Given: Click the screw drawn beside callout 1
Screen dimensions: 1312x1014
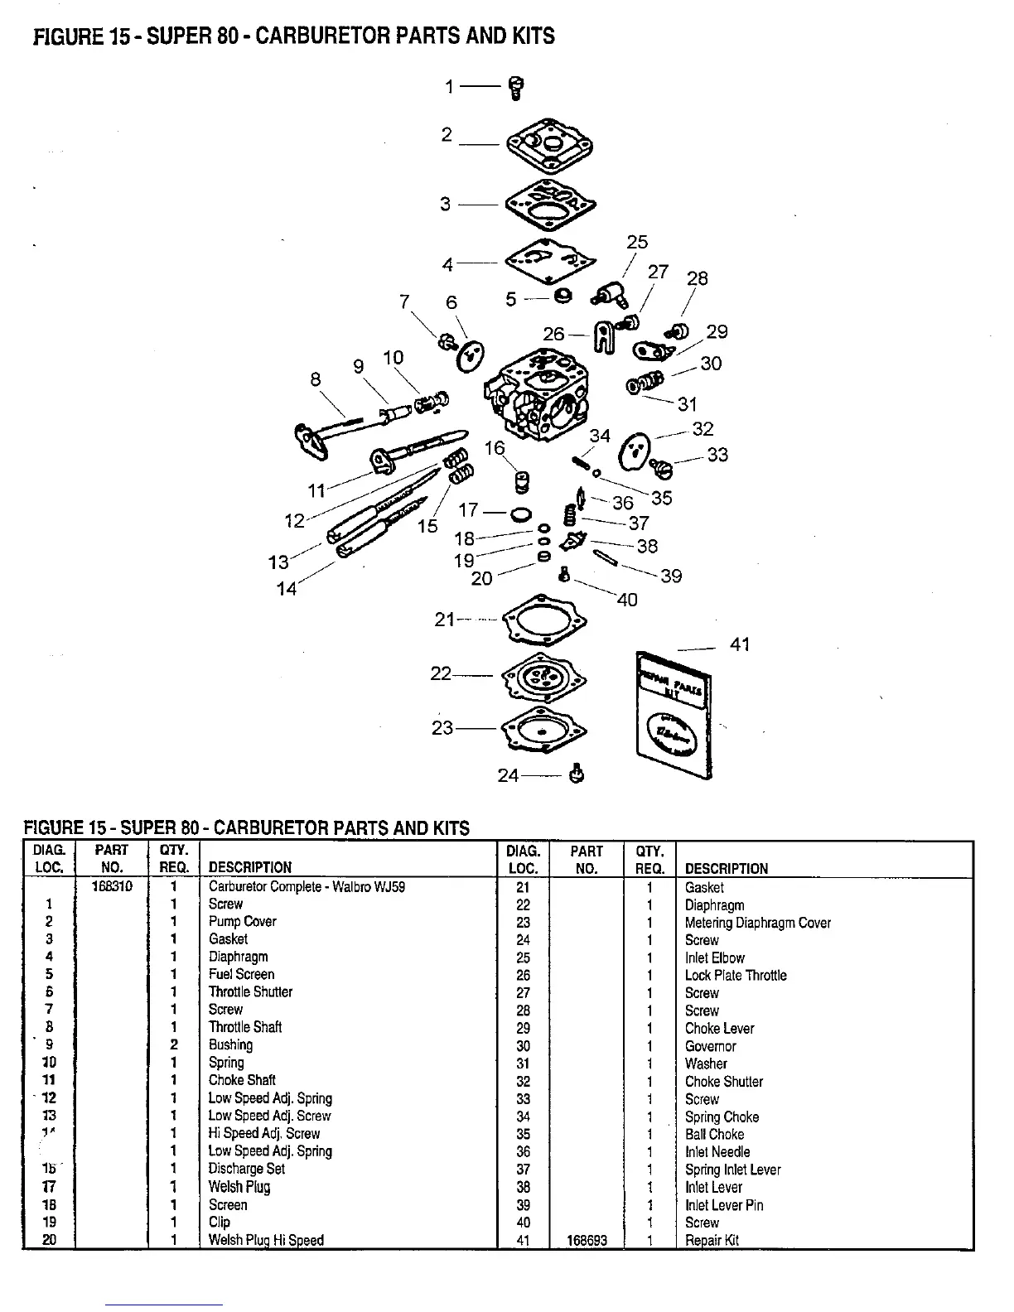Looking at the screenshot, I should click(515, 87).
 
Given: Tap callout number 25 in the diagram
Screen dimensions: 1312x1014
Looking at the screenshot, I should click(637, 242).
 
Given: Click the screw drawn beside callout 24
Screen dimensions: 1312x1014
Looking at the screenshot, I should click(577, 774).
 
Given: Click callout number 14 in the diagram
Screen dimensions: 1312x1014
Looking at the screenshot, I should click(286, 589).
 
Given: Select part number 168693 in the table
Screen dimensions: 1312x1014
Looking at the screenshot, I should click(587, 1240).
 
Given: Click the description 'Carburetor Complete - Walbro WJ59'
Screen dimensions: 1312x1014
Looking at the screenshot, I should click(307, 886).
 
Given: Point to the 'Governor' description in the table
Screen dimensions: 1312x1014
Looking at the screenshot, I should click(710, 1046).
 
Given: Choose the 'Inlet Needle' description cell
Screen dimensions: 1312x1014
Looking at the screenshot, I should click(717, 1151).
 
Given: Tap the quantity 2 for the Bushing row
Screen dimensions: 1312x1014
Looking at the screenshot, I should click(174, 1044).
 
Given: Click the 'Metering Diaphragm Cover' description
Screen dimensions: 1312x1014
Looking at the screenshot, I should click(757, 923).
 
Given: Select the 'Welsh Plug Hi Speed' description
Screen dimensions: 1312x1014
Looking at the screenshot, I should click(266, 1240).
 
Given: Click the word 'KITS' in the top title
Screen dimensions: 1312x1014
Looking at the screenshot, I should click(527, 36).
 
